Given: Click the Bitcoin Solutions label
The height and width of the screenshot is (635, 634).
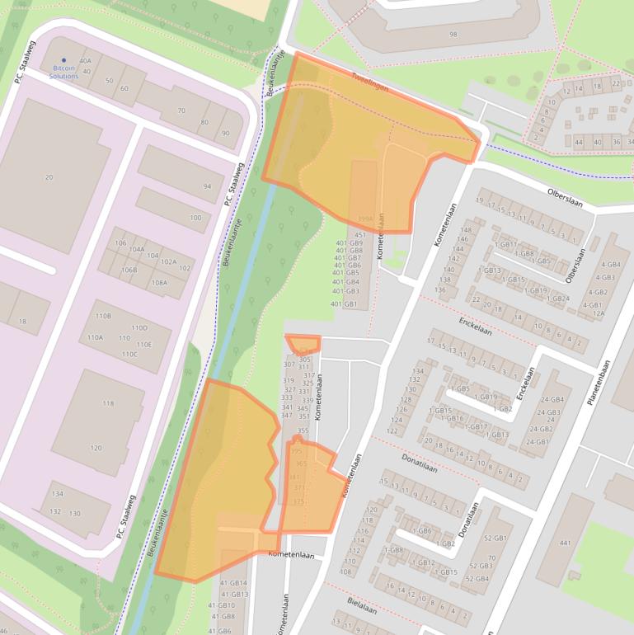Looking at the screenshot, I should [63, 72].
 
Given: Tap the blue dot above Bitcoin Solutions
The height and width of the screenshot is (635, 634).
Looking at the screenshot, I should [64, 59].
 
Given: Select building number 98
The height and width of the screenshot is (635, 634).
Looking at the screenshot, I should [453, 34].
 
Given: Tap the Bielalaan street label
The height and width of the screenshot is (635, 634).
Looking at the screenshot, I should [363, 606].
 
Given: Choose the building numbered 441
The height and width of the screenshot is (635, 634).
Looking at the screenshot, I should [565, 543].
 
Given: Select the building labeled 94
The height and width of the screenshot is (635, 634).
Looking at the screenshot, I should [207, 186].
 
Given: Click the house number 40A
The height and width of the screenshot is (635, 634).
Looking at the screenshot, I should [85, 61].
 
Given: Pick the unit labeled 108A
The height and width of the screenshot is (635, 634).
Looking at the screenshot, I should [159, 282].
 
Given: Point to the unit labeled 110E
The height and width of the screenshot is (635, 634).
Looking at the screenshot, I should [144, 345].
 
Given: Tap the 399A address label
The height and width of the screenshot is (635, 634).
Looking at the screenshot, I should [365, 219].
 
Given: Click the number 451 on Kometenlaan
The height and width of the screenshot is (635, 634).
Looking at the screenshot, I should [360, 235].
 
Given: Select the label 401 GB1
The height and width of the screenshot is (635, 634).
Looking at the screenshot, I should [344, 304].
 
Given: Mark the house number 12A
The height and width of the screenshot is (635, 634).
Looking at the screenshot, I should [599, 313].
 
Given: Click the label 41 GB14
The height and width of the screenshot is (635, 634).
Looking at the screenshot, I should [233, 584].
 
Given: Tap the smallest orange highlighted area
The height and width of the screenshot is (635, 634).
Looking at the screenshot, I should [303, 344].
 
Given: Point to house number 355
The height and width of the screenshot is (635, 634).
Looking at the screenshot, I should [303, 430].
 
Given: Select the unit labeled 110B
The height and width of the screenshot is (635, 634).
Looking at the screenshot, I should [103, 316].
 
